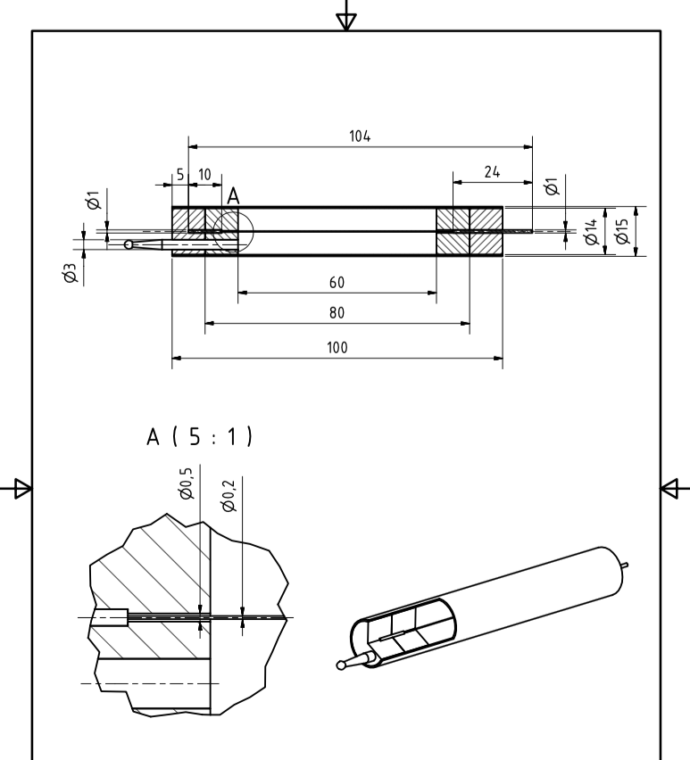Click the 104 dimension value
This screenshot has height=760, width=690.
tap(360, 136)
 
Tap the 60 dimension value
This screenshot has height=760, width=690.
tap(337, 283)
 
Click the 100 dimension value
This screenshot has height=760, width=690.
tap(337, 347)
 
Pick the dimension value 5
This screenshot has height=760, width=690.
tap(179, 175)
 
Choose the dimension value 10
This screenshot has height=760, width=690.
tap(204, 175)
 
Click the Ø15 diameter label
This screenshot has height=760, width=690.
tap(622, 232)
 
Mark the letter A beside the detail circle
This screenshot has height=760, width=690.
tap(234, 196)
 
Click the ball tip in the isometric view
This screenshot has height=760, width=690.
tap(342, 664)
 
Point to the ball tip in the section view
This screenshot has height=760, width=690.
tap(129, 244)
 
